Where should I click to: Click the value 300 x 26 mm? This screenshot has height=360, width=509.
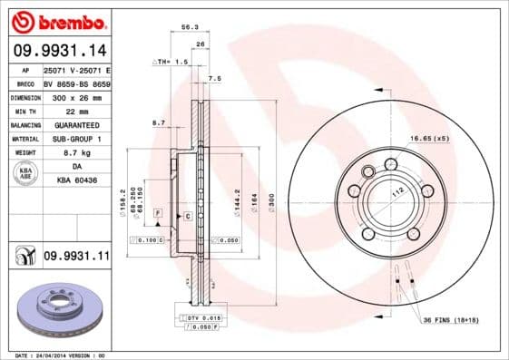[75, 95]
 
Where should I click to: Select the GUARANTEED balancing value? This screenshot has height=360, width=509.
[75, 123]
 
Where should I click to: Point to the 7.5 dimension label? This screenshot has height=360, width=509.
[214, 79]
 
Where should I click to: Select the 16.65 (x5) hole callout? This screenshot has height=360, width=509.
[428, 137]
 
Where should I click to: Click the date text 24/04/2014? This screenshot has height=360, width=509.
[69, 355]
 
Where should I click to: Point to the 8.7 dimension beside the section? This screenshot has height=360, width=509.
[159, 122]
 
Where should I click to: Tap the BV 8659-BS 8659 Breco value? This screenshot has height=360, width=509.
[75, 81]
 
